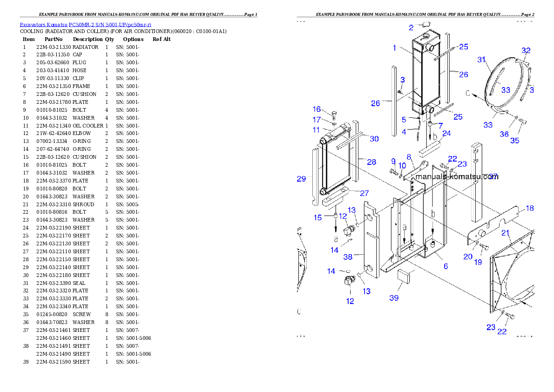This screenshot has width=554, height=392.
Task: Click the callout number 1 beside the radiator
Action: point(394,48)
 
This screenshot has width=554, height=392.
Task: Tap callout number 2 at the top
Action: point(411,28)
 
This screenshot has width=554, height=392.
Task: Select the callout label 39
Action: point(394,298)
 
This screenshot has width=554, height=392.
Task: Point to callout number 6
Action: point(446,266)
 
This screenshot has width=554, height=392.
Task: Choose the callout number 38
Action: point(348,256)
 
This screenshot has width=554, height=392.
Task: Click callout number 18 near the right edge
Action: point(530,208)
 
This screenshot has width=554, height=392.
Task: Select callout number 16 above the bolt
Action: point(317,109)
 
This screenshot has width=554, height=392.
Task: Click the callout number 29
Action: point(301,179)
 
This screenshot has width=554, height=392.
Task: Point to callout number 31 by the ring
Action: point(481,60)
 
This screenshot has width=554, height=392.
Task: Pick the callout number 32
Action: point(526,50)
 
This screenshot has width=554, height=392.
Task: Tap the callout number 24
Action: point(446,134)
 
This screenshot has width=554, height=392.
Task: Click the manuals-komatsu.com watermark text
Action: point(456,177)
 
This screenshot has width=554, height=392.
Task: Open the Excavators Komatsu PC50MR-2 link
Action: point(85,25)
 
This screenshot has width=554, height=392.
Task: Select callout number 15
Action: point(318,217)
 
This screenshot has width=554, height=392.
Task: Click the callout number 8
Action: point(409,157)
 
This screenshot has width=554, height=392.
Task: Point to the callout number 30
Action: point(374,138)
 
